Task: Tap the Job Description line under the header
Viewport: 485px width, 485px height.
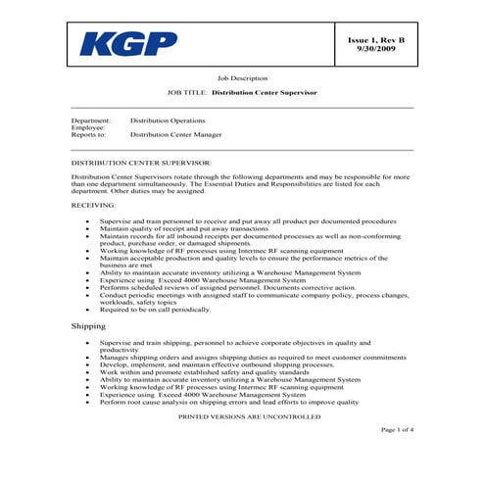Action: (x=241, y=76)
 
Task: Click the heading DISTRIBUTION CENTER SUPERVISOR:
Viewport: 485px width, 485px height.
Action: (x=139, y=161)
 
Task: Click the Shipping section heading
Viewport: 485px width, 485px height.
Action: (x=89, y=324)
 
